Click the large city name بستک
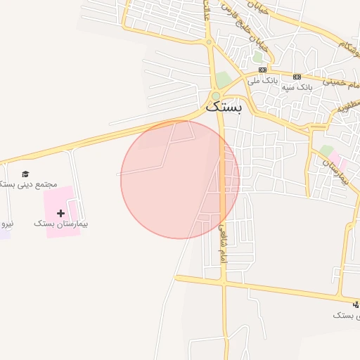click(x=224, y=108)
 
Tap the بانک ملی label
click(x=260, y=81)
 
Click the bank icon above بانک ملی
click(x=262, y=70)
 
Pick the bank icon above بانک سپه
click(x=297, y=76)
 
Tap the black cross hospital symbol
click(x=60, y=212)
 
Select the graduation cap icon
click(x=25, y=174)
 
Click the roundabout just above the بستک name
click(x=216, y=96)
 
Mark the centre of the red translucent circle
click(x=180, y=180)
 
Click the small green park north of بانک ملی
click(x=257, y=57)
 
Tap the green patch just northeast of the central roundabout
click(x=224, y=79)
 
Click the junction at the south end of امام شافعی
click(x=224, y=283)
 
